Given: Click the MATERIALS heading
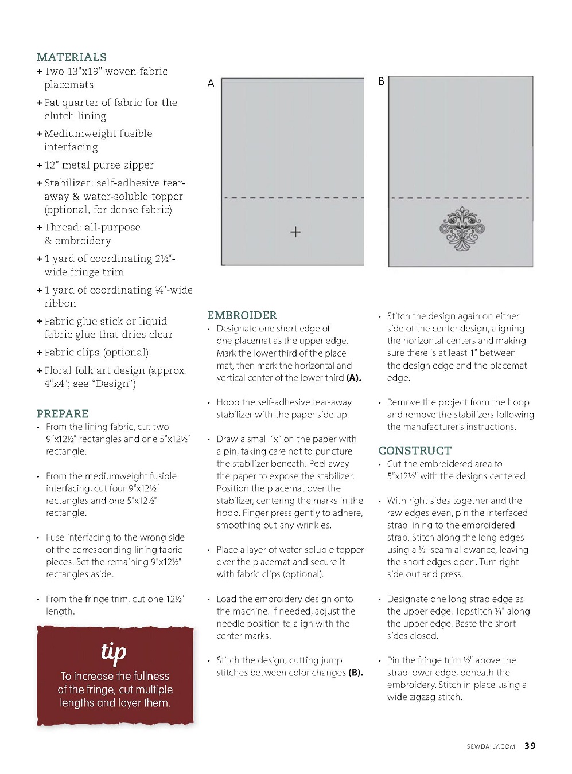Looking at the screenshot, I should point(72,57).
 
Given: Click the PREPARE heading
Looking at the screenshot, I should point(63,413).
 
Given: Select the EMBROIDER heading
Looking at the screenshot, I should point(242,315).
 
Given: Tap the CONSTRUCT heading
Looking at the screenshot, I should point(415,451).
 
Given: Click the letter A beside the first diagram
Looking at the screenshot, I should point(211,83).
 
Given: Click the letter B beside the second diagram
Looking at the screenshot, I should point(381,81).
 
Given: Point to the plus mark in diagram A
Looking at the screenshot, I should point(295,232).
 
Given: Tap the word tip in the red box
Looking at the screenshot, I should point(114,652).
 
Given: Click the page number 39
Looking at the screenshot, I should point(530,746).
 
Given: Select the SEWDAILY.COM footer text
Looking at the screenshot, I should point(491,746).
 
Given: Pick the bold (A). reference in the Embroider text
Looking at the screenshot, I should point(354,378).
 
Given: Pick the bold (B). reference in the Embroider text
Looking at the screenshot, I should point(356,673).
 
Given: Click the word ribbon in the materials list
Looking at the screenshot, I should point(60,303).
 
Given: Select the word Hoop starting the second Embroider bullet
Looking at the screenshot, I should point(228,402).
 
